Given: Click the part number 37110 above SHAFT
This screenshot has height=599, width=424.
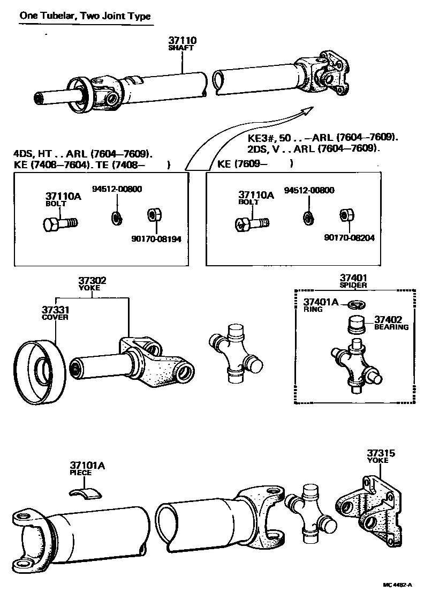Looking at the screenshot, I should tap(182, 40).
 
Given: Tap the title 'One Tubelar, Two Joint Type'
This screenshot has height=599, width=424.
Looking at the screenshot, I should tap(85, 16).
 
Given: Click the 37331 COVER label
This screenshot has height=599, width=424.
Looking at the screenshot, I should tap(55, 313).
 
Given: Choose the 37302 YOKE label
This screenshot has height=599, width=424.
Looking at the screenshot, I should tap(92, 283).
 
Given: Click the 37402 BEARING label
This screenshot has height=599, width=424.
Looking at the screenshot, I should tap(391, 323).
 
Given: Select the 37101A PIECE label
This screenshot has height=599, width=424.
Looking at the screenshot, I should tap(87, 469).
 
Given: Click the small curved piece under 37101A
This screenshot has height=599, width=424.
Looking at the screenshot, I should tap(87, 492).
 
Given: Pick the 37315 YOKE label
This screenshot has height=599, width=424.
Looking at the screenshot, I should tap(381, 456).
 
